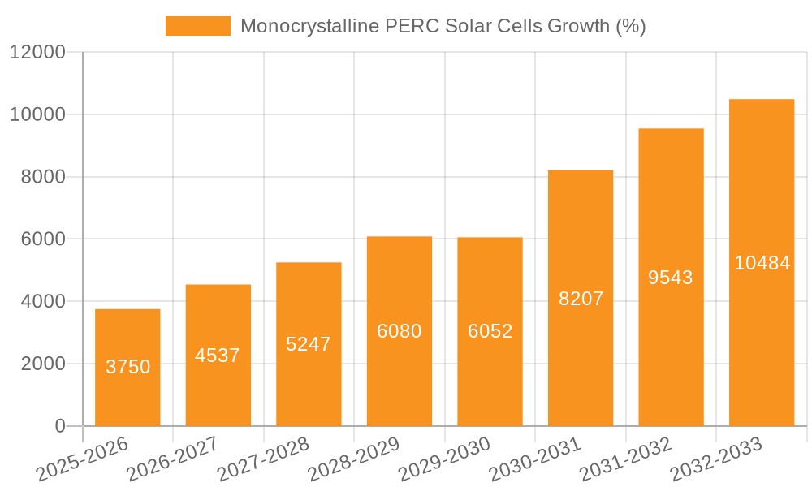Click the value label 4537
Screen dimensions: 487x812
coord(218,356)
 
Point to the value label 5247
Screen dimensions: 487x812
coord(309,344)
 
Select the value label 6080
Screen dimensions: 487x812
coord(400,331)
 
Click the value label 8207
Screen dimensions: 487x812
coord(581,299)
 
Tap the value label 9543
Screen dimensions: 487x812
coord(671,278)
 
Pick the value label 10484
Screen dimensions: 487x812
coord(762,263)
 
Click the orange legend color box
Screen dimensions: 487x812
coord(198,26)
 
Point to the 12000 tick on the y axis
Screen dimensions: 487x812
coord(37,53)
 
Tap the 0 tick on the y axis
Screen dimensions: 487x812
coord(59,426)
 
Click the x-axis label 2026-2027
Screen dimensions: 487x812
coord(172,459)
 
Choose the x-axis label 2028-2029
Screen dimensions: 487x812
coord(353,459)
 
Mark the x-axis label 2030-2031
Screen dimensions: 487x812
coord(534,459)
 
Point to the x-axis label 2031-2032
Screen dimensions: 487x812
coord(625,459)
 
